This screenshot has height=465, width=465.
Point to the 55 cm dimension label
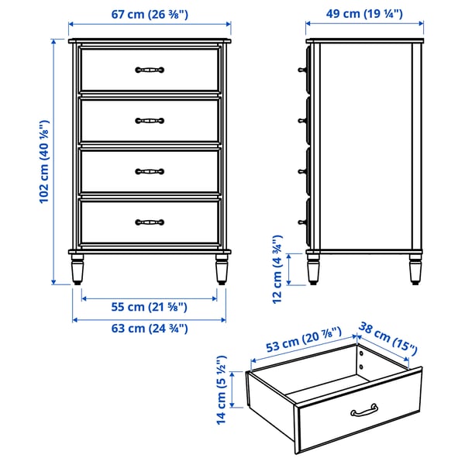149,308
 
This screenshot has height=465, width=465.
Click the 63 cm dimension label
149,328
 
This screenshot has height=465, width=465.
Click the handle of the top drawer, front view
150,70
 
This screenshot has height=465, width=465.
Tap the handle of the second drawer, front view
150,120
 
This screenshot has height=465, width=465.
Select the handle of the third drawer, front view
150,171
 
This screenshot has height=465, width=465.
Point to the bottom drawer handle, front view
150,222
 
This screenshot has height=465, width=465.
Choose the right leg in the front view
221,270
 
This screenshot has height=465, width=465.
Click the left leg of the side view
314,270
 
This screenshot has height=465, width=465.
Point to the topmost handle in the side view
301,70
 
